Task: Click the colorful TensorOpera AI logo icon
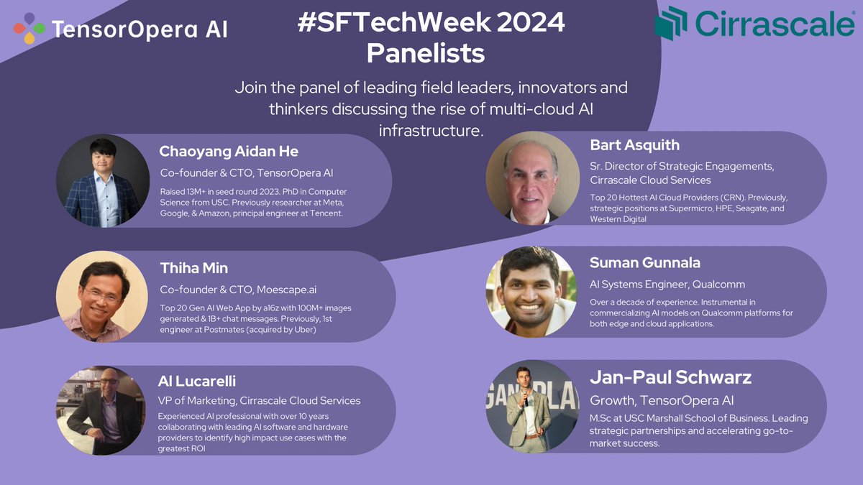[x=29, y=29]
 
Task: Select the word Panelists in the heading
[x=425, y=52]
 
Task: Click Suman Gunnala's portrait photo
[x=531, y=292]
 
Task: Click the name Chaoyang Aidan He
[x=229, y=152]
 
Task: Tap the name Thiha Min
[x=194, y=268]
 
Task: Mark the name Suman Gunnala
[x=644, y=262]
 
